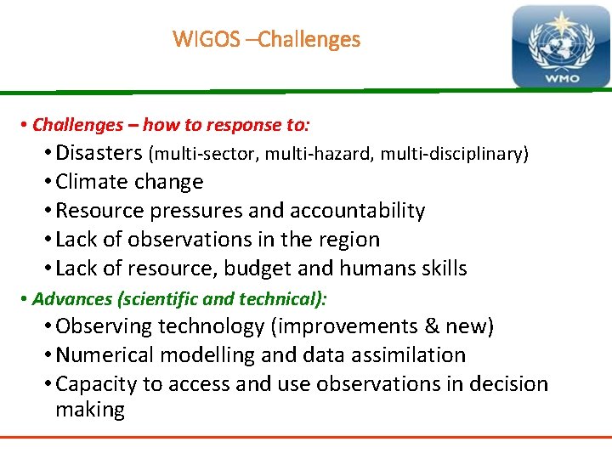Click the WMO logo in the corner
click(560, 48)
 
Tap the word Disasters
click(99, 153)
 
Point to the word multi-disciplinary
click(454, 154)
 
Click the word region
click(348, 240)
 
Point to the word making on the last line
click(90, 410)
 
